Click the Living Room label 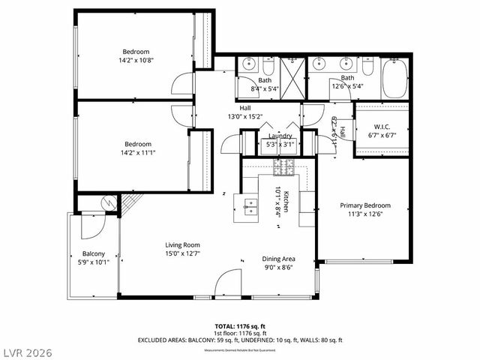(182, 244)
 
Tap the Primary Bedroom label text (364, 205)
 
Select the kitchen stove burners (285, 166)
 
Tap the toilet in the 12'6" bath (367, 68)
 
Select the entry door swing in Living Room (227, 283)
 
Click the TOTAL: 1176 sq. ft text (240, 326)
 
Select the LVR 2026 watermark (28, 350)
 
